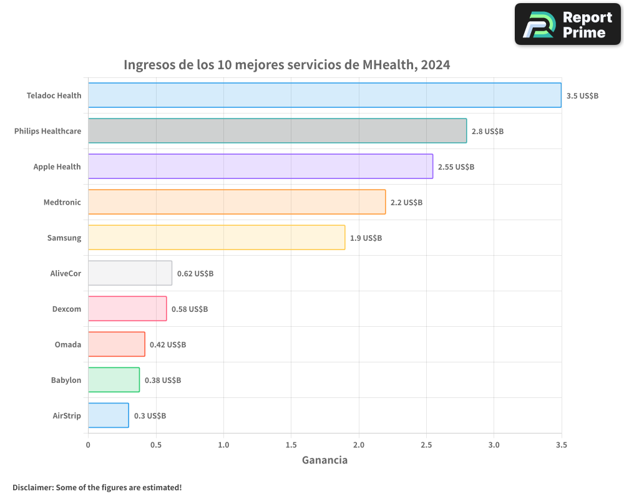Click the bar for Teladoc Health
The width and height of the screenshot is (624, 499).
(x=324, y=95)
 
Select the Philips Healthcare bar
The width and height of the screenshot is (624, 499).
(x=277, y=131)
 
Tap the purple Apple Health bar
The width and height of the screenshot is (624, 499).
(x=260, y=167)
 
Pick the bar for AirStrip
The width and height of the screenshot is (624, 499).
(x=109, y=415)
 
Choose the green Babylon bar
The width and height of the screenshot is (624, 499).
(x=114, y=380)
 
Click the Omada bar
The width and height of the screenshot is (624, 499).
(x=116, y=344)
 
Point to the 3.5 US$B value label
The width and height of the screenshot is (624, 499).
(x=582, y=96)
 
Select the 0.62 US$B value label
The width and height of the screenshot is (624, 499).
(x=195, y=274)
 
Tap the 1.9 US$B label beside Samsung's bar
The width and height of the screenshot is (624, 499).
(x=366, y=238)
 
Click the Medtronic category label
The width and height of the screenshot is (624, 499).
(x=62, y=202)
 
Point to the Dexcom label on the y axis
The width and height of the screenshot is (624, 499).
(x=67, y=309)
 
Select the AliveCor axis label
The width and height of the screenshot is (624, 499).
(x=66, y=273)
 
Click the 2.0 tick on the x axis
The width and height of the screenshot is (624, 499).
(x=358, y=445)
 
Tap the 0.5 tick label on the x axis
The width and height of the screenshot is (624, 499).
(x=156, y=445)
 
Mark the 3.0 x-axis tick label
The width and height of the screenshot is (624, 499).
(x=494, y=445)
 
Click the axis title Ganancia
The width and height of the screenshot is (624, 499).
(x=324, y=460)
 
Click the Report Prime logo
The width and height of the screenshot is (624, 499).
(x=567, y=24)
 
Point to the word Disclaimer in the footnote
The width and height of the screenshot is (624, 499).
(x=32, y=487)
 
